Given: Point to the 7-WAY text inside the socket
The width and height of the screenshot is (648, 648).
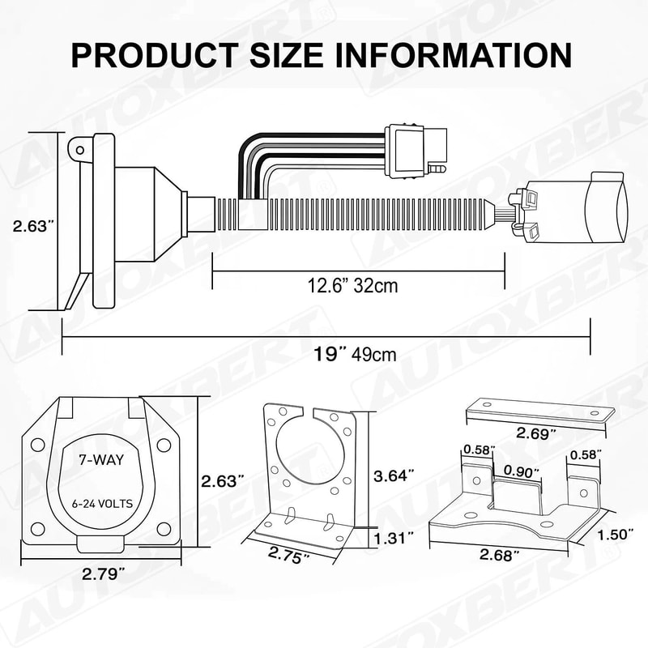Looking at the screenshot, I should coord(96,459).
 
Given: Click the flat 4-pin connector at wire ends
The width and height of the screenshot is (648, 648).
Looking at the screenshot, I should coord(412,151).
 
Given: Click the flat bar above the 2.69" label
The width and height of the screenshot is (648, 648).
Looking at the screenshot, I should coord(538,411).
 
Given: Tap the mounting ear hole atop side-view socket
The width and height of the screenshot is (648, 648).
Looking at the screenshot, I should coord(79,149).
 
